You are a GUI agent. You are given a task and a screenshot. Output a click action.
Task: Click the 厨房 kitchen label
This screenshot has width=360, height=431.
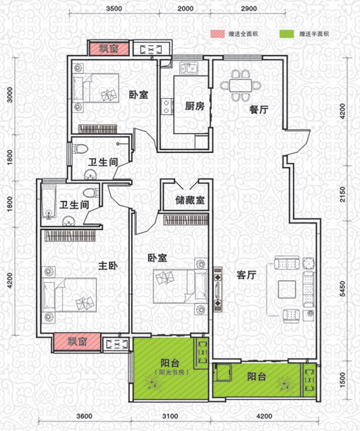[195, 106]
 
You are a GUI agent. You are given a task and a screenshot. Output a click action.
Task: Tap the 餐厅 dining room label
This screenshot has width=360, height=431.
[259, 109]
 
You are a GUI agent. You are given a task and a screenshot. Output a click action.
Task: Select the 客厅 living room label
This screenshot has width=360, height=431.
[246, 274]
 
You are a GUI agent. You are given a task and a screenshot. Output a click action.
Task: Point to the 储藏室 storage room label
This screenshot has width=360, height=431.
[190, 200]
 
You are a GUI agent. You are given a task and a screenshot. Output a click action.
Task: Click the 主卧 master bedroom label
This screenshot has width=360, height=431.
[108, 265]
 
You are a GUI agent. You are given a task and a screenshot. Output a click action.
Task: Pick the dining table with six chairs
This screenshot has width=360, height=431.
[241, 85]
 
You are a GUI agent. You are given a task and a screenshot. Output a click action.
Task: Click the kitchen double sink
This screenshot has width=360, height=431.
[188, 68]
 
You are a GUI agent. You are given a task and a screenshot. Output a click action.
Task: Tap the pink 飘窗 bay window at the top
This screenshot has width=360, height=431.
[109, 49]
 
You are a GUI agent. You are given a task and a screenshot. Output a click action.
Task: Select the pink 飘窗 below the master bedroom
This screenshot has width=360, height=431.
[77, 341]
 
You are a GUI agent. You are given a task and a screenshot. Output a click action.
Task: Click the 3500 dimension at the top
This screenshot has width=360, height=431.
[114, 8]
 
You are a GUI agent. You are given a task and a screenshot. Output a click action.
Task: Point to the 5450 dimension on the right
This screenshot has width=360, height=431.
[342, 289]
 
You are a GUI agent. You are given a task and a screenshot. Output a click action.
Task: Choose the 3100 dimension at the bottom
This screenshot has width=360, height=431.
[170, 416]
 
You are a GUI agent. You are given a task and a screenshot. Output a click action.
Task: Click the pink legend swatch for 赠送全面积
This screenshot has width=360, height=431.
[218, 34]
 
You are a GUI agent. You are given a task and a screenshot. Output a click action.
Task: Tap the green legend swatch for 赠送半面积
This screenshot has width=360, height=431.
[287, 34]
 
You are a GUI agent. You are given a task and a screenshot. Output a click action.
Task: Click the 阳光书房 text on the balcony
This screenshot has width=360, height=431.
[172, 372]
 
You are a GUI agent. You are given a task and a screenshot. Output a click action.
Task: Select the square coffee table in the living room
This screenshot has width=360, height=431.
[287, 289]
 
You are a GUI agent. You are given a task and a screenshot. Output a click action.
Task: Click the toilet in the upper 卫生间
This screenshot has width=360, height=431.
[80, 149]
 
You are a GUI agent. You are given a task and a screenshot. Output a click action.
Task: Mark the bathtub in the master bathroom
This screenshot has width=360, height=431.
[49, 202]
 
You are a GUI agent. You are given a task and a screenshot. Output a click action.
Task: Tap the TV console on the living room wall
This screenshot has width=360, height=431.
[218, 289]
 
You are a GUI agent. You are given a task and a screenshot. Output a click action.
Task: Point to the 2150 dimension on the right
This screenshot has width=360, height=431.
[342, 194]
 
